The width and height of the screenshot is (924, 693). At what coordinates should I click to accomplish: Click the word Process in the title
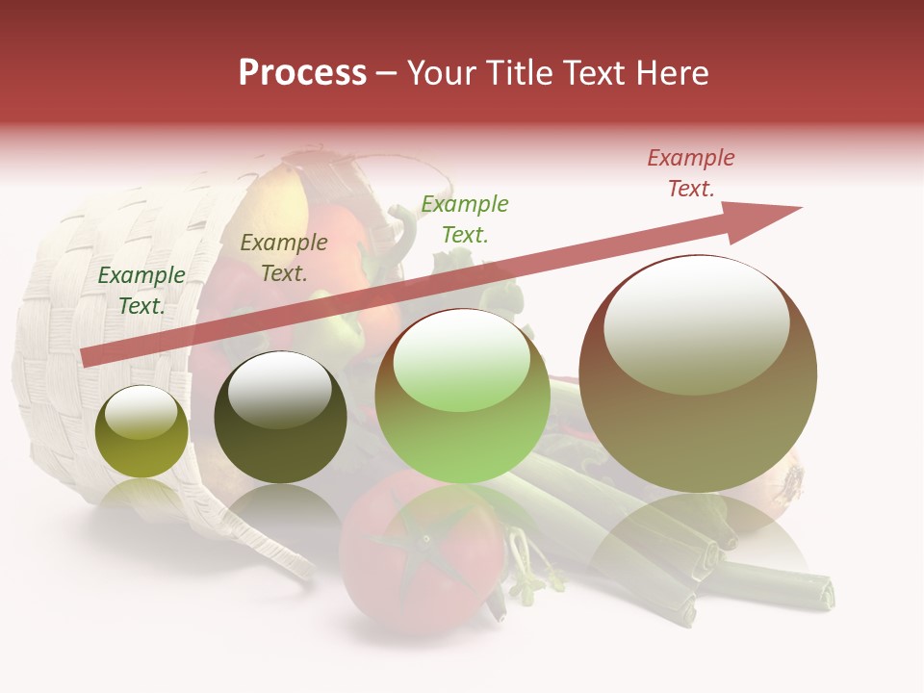click(x=302, y=73)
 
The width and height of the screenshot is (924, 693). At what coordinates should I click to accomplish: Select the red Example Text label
click(x=690, y=173)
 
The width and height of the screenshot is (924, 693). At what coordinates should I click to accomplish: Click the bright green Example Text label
click(x=465, y=218)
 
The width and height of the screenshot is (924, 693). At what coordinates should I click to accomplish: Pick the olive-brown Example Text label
click(x=283, y=258)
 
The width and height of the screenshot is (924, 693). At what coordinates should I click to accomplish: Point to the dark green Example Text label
click(x=141, y=290)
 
